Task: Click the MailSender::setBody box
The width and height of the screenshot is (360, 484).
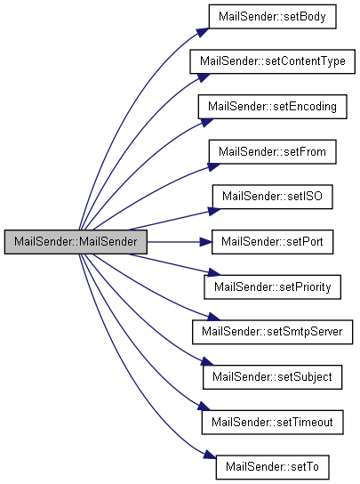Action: [272, 17]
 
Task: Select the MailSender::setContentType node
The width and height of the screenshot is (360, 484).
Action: [272, 61]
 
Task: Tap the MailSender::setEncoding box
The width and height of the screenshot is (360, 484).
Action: [272, 107]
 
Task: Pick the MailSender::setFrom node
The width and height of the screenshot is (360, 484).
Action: [272, 152]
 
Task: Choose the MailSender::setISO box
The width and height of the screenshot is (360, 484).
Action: [272, 197]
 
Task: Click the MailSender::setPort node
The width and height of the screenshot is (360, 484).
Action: [272, 242]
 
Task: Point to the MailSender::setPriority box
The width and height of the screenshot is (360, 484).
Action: [272, 287]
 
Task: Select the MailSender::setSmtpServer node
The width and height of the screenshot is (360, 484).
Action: [272, 332]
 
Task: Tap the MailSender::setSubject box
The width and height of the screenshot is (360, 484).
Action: [272, 377]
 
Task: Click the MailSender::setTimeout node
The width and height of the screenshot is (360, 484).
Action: [272, 423]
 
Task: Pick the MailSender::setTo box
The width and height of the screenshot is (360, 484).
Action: [272, 467]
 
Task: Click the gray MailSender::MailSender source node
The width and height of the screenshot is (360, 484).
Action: [76, 242]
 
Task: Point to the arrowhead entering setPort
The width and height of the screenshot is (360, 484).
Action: [206, 242]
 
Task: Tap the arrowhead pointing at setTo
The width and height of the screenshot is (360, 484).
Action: [210, 455]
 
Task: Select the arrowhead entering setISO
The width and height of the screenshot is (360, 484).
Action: [214, 211]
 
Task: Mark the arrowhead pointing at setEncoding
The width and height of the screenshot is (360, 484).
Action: [207, 122]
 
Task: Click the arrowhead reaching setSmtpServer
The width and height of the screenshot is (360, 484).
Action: [214, 317]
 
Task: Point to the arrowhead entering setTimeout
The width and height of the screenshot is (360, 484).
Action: [204, 407]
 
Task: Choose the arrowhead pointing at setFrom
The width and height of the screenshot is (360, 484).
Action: [214, 166]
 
